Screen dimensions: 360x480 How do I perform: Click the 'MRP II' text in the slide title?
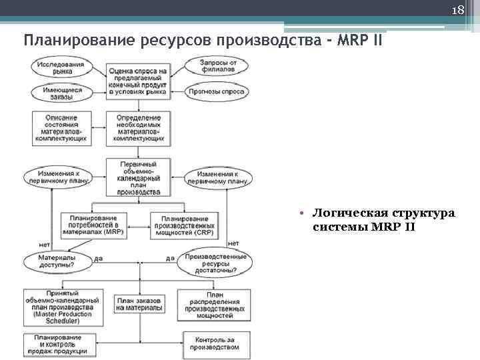[x=360, y=39]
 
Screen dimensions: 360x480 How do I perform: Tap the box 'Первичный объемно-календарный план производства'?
[x=138, y=177]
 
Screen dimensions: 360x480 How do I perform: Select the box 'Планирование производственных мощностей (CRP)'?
[x=183, y=225]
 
